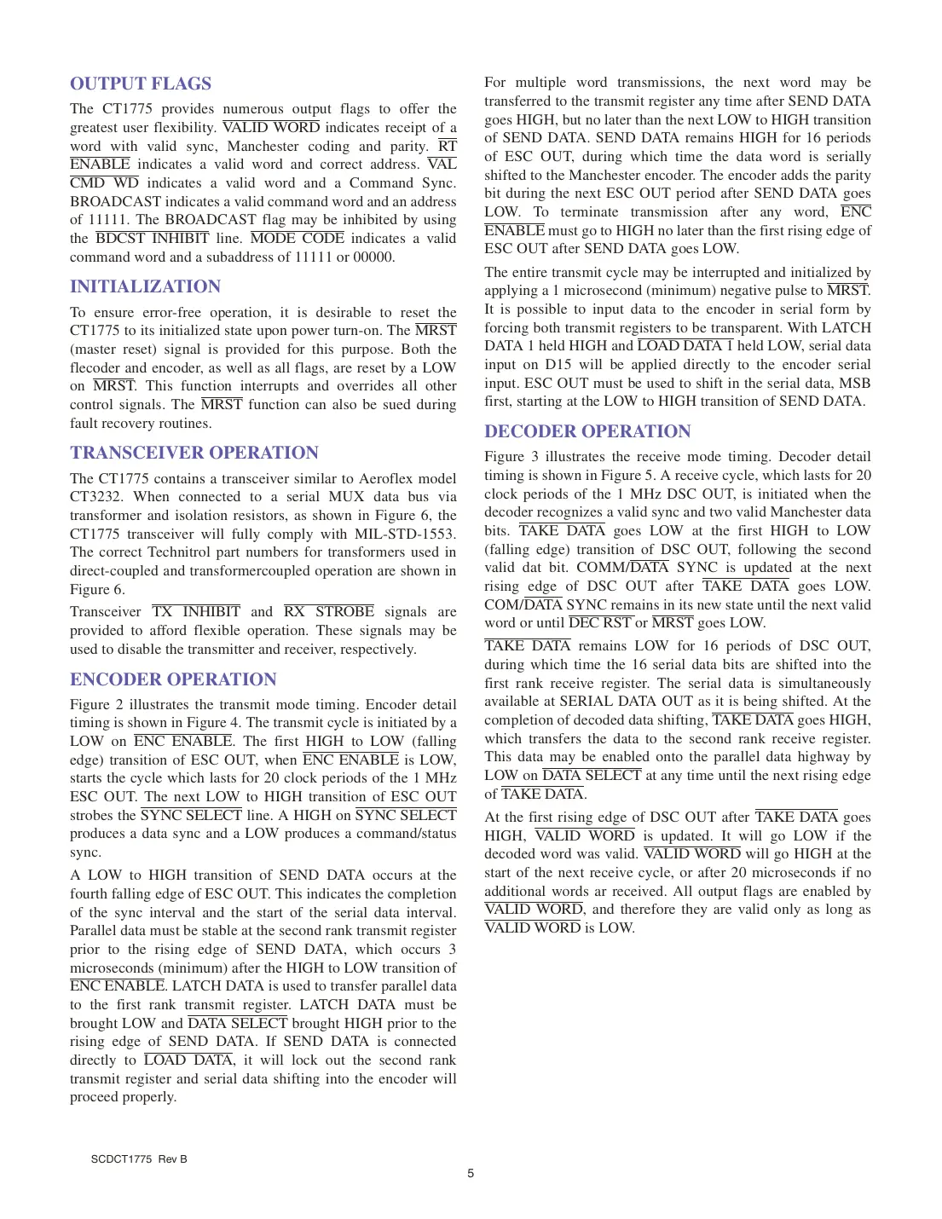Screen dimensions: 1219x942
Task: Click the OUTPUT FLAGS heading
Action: pos(141,84)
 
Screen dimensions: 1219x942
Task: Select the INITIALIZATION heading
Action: pos(145,286)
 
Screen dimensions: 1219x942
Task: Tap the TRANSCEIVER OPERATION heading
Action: pos(194,453)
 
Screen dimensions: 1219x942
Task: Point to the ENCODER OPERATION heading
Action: pos(173,679)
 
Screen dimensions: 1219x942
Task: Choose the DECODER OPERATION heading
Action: pos(587,431)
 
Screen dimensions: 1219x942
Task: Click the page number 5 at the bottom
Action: pos(471,1173)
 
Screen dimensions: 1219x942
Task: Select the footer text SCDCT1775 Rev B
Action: pos(139,1159)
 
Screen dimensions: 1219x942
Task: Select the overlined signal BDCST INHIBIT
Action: pos(153,239)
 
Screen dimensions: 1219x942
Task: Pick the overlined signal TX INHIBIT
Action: pos(196,612)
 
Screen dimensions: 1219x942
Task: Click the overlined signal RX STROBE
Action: pos(329,612)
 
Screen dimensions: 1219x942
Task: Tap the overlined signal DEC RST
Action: pos(600,623)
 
